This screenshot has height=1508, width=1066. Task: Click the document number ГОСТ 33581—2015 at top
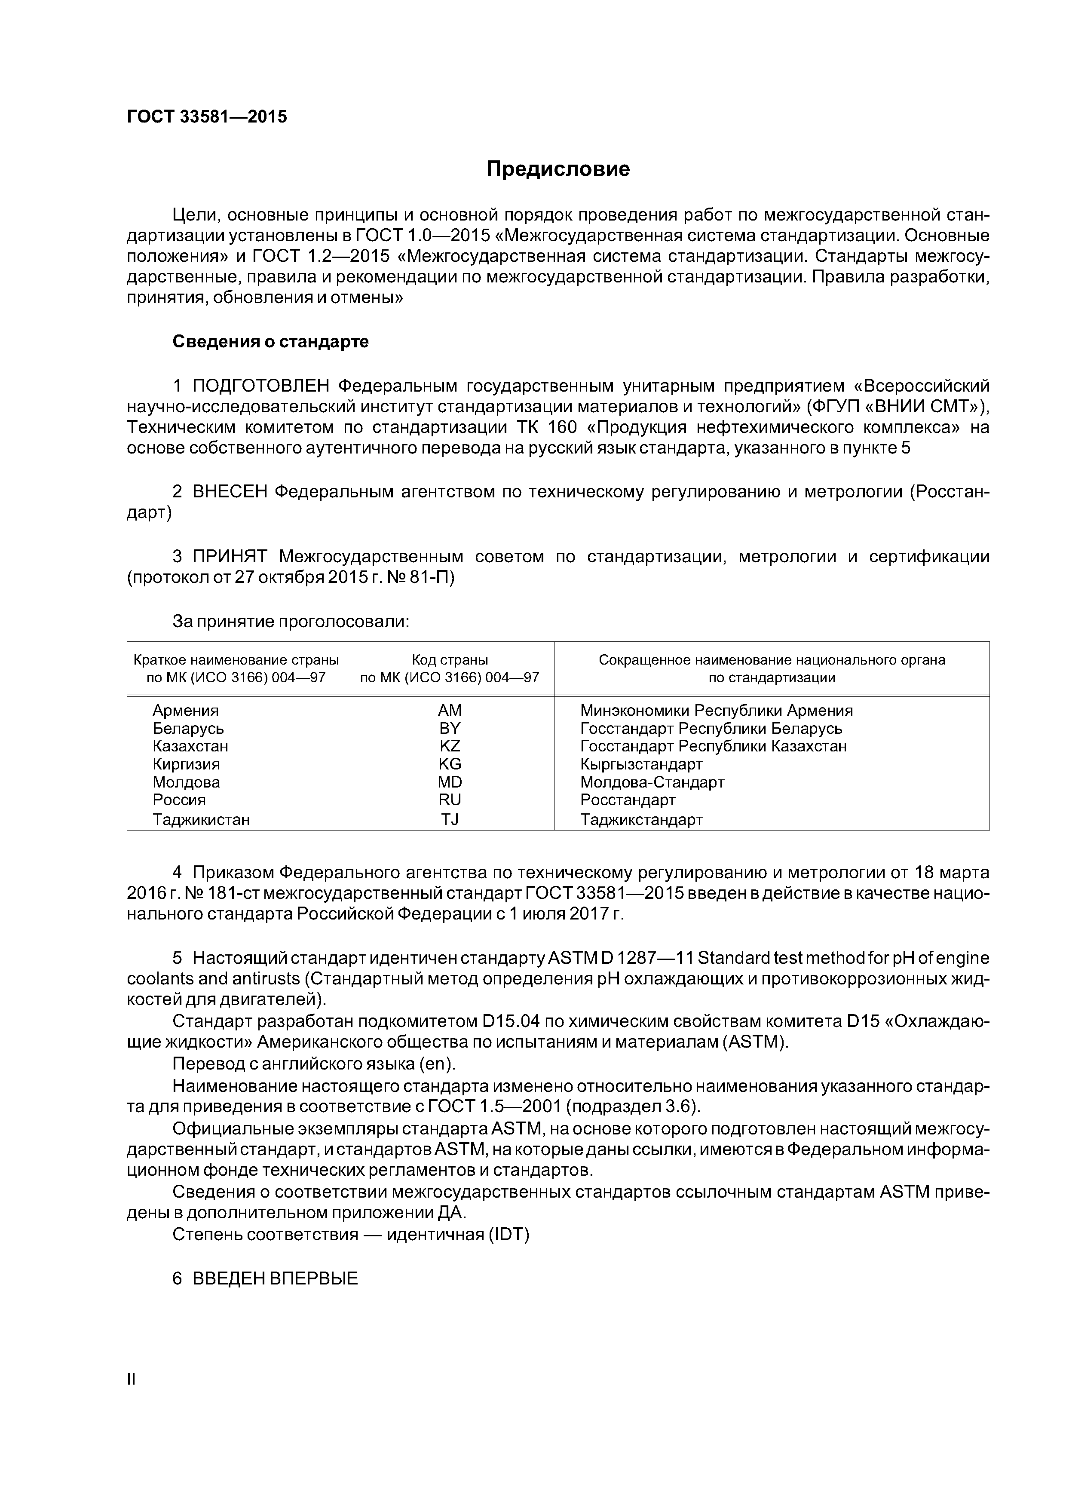(207, 117)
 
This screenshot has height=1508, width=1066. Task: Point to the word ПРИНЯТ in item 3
(230, 556)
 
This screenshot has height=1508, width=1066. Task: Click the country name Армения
(185, 711)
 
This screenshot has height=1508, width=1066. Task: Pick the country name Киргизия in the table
(186, 764)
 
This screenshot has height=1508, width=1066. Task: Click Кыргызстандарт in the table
(641, 764)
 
